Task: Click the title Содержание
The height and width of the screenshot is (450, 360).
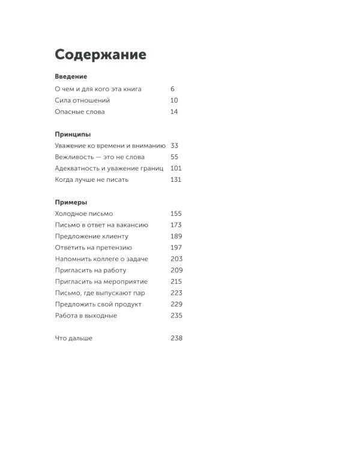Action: tap(100, 55)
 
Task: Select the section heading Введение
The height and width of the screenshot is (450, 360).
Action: tap(71, 77)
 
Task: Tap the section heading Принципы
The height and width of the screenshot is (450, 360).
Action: tap(73, 135)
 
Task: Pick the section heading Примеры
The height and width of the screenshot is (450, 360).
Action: tap(71, 203)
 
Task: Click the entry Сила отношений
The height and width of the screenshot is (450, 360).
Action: tap(82, 100)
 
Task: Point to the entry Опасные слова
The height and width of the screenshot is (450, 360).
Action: tap(80, 112)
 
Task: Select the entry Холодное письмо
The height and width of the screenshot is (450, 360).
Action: tap(84, 214)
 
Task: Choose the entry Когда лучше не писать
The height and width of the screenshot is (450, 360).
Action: tap(92, 179)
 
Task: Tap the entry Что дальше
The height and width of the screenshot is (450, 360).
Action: tap(74, 338)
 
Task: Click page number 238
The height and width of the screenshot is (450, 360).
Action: tap(176, 338)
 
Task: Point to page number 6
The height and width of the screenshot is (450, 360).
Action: tap(173, 89)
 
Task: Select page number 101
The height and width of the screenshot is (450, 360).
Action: tap(176, 169)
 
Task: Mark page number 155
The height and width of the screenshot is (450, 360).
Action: tap(176, 214)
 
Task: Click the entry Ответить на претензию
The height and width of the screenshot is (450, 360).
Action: tap(94, 247)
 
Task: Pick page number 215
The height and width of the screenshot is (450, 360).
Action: tap(176, 281)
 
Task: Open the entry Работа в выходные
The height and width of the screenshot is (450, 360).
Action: tap(86, 316)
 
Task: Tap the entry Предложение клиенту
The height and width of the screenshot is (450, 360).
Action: tap(92, 236)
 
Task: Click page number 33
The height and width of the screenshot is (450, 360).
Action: tap(175, 146)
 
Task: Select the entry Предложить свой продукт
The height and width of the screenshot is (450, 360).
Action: tap(98, 304)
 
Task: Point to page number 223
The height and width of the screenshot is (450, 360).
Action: tap(176, 293)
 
